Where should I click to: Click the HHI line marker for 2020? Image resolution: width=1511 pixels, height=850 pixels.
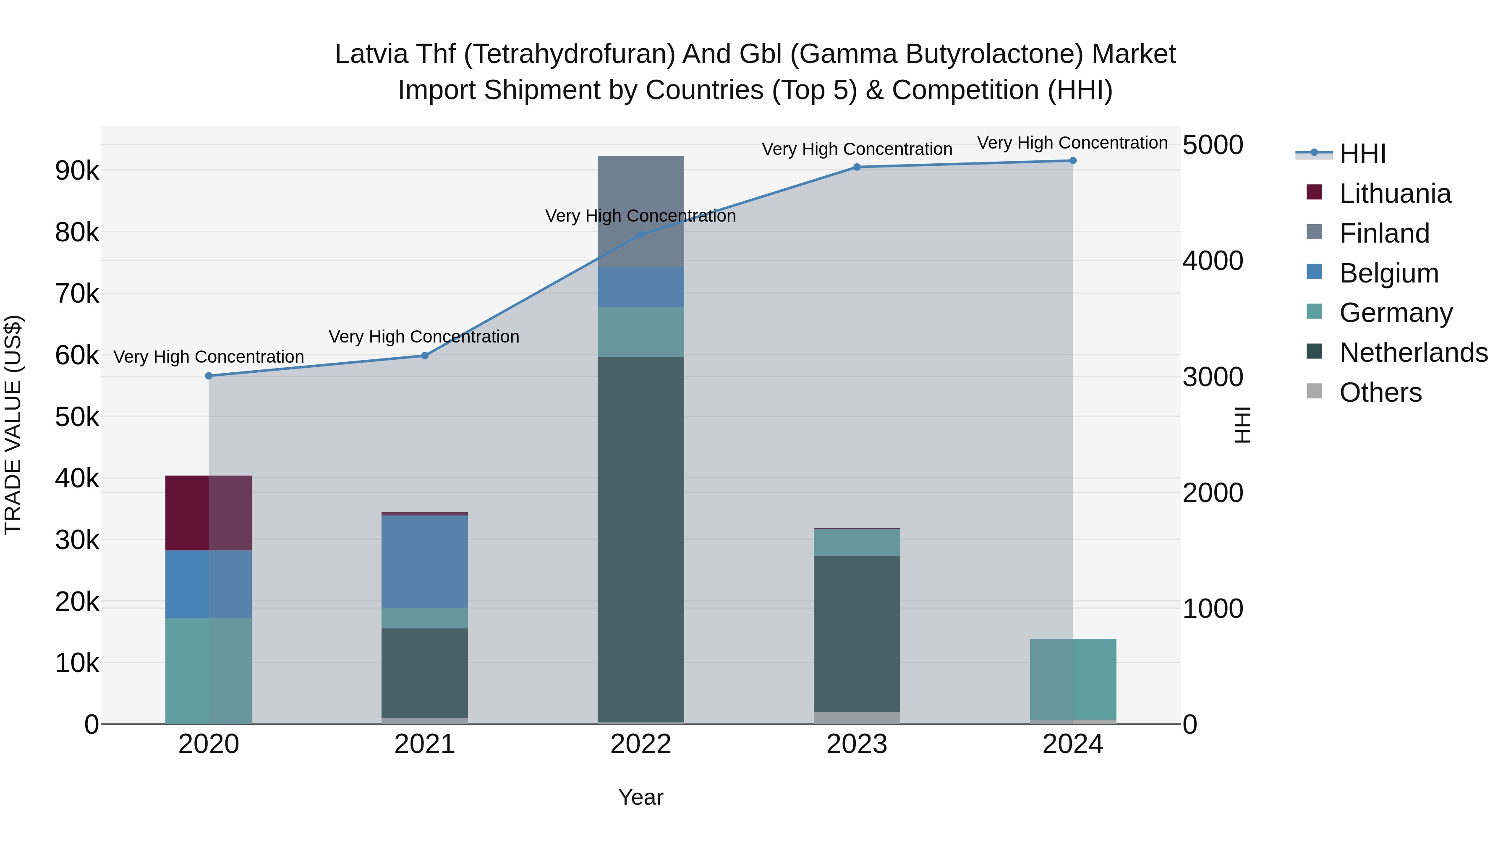(x=209, y=376)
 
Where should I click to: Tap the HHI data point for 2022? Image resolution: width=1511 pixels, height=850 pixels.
(x=640, y=235)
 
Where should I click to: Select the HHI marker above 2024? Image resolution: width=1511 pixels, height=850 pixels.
(x=1073, y=161)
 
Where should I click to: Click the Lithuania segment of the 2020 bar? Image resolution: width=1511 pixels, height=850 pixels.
(x=209, y=513)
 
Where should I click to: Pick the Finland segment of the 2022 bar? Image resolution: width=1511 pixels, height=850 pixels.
(x=640, y=211)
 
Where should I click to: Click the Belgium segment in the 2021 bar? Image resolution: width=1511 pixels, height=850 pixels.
(x=425, y=561)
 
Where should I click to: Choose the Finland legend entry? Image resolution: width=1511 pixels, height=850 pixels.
(x=1384, y=233)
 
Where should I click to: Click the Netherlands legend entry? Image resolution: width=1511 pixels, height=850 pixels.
(x=1414, y=353)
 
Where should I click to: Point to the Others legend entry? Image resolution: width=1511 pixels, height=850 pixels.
(x=1380, y=392)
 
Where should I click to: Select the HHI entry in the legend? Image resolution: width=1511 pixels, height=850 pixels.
(x=1362, y=154)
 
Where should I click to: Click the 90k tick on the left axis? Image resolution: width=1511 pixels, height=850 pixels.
(x=77, y=171)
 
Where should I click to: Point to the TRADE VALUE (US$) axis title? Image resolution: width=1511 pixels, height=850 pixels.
(x=13, y=425)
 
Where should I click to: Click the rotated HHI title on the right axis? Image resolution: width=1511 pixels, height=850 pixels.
(x=1243, y=425)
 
